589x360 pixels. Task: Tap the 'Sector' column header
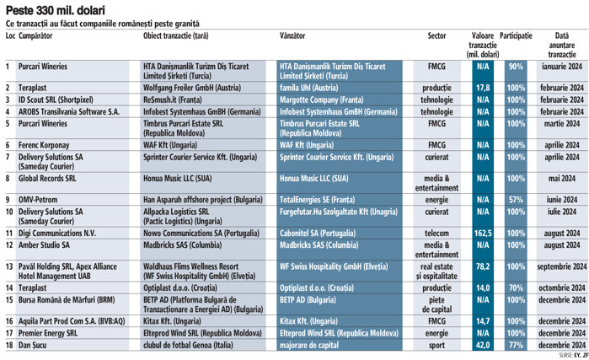point(436,37)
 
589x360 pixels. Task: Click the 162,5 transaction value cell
point(483,230)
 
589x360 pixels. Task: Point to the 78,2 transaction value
point(483,265)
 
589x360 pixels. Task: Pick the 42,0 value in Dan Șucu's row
point(483,344)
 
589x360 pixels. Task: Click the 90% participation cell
point(516,66)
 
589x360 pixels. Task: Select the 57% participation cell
point(516,199)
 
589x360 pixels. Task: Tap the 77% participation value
point(516,344)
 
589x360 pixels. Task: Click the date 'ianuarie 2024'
point(560,66)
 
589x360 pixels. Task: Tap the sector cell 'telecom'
point(436,230)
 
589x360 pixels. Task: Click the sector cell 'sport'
point(436,344)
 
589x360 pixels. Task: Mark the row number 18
point(9,344)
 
